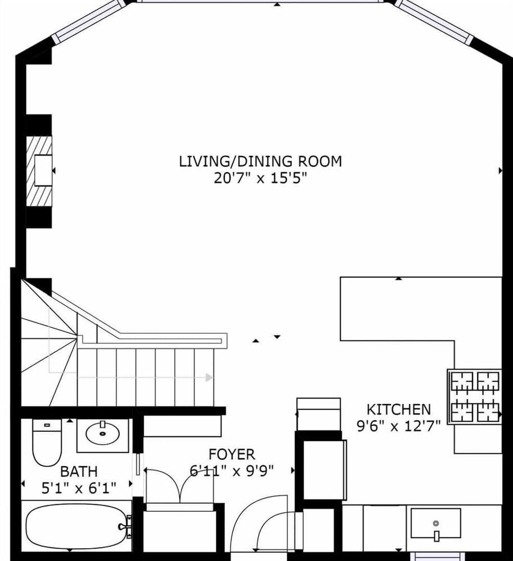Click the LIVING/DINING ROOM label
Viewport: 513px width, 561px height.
click(260, 162)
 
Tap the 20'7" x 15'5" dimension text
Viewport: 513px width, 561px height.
click(260, 179)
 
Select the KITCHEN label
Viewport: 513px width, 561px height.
click(398, 410)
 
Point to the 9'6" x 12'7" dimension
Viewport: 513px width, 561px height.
click(398, 426)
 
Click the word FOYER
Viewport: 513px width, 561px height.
click(231, 454)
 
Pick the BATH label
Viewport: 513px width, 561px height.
click(79, 471)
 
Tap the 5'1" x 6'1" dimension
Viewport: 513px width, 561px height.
click(79, 488)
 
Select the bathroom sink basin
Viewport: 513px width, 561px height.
click(103, 434)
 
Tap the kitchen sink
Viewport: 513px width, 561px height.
click(435, 523)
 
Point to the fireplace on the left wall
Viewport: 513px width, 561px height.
click(41, 171)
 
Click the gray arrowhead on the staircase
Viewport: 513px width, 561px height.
click(209, 378)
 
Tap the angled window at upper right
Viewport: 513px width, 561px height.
click(435, 21)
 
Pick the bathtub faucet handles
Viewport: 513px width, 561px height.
click(126, 527)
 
